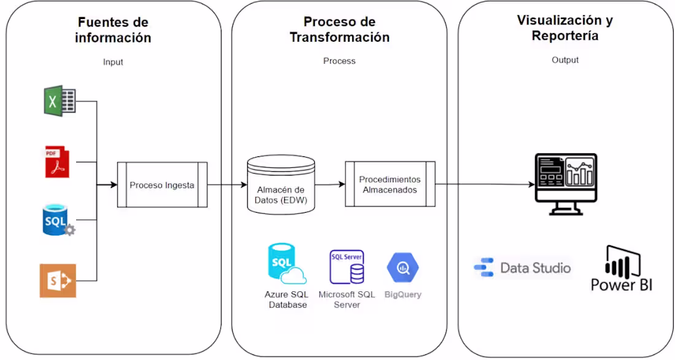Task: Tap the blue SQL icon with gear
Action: [x=58, y=221]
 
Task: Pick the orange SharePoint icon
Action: [x=58, y=280]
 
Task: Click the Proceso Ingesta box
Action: [x=162, y=185]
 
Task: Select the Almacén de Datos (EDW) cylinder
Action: [x=280, y=185]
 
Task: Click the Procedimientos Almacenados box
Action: [x=390, y=185]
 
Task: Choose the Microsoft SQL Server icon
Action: [x=347, y=267]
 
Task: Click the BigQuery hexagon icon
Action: [x=403, y=267]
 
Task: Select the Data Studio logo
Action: [x=523, y=268]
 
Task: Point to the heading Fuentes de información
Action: [x=113, y=30]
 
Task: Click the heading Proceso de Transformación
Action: [x=339, y=30]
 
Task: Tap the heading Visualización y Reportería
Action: [x=565, y=28]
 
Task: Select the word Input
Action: [x=113, y=62]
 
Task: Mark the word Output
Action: [x=565, y=60]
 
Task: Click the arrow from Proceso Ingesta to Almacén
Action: [x=227, y=185]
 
